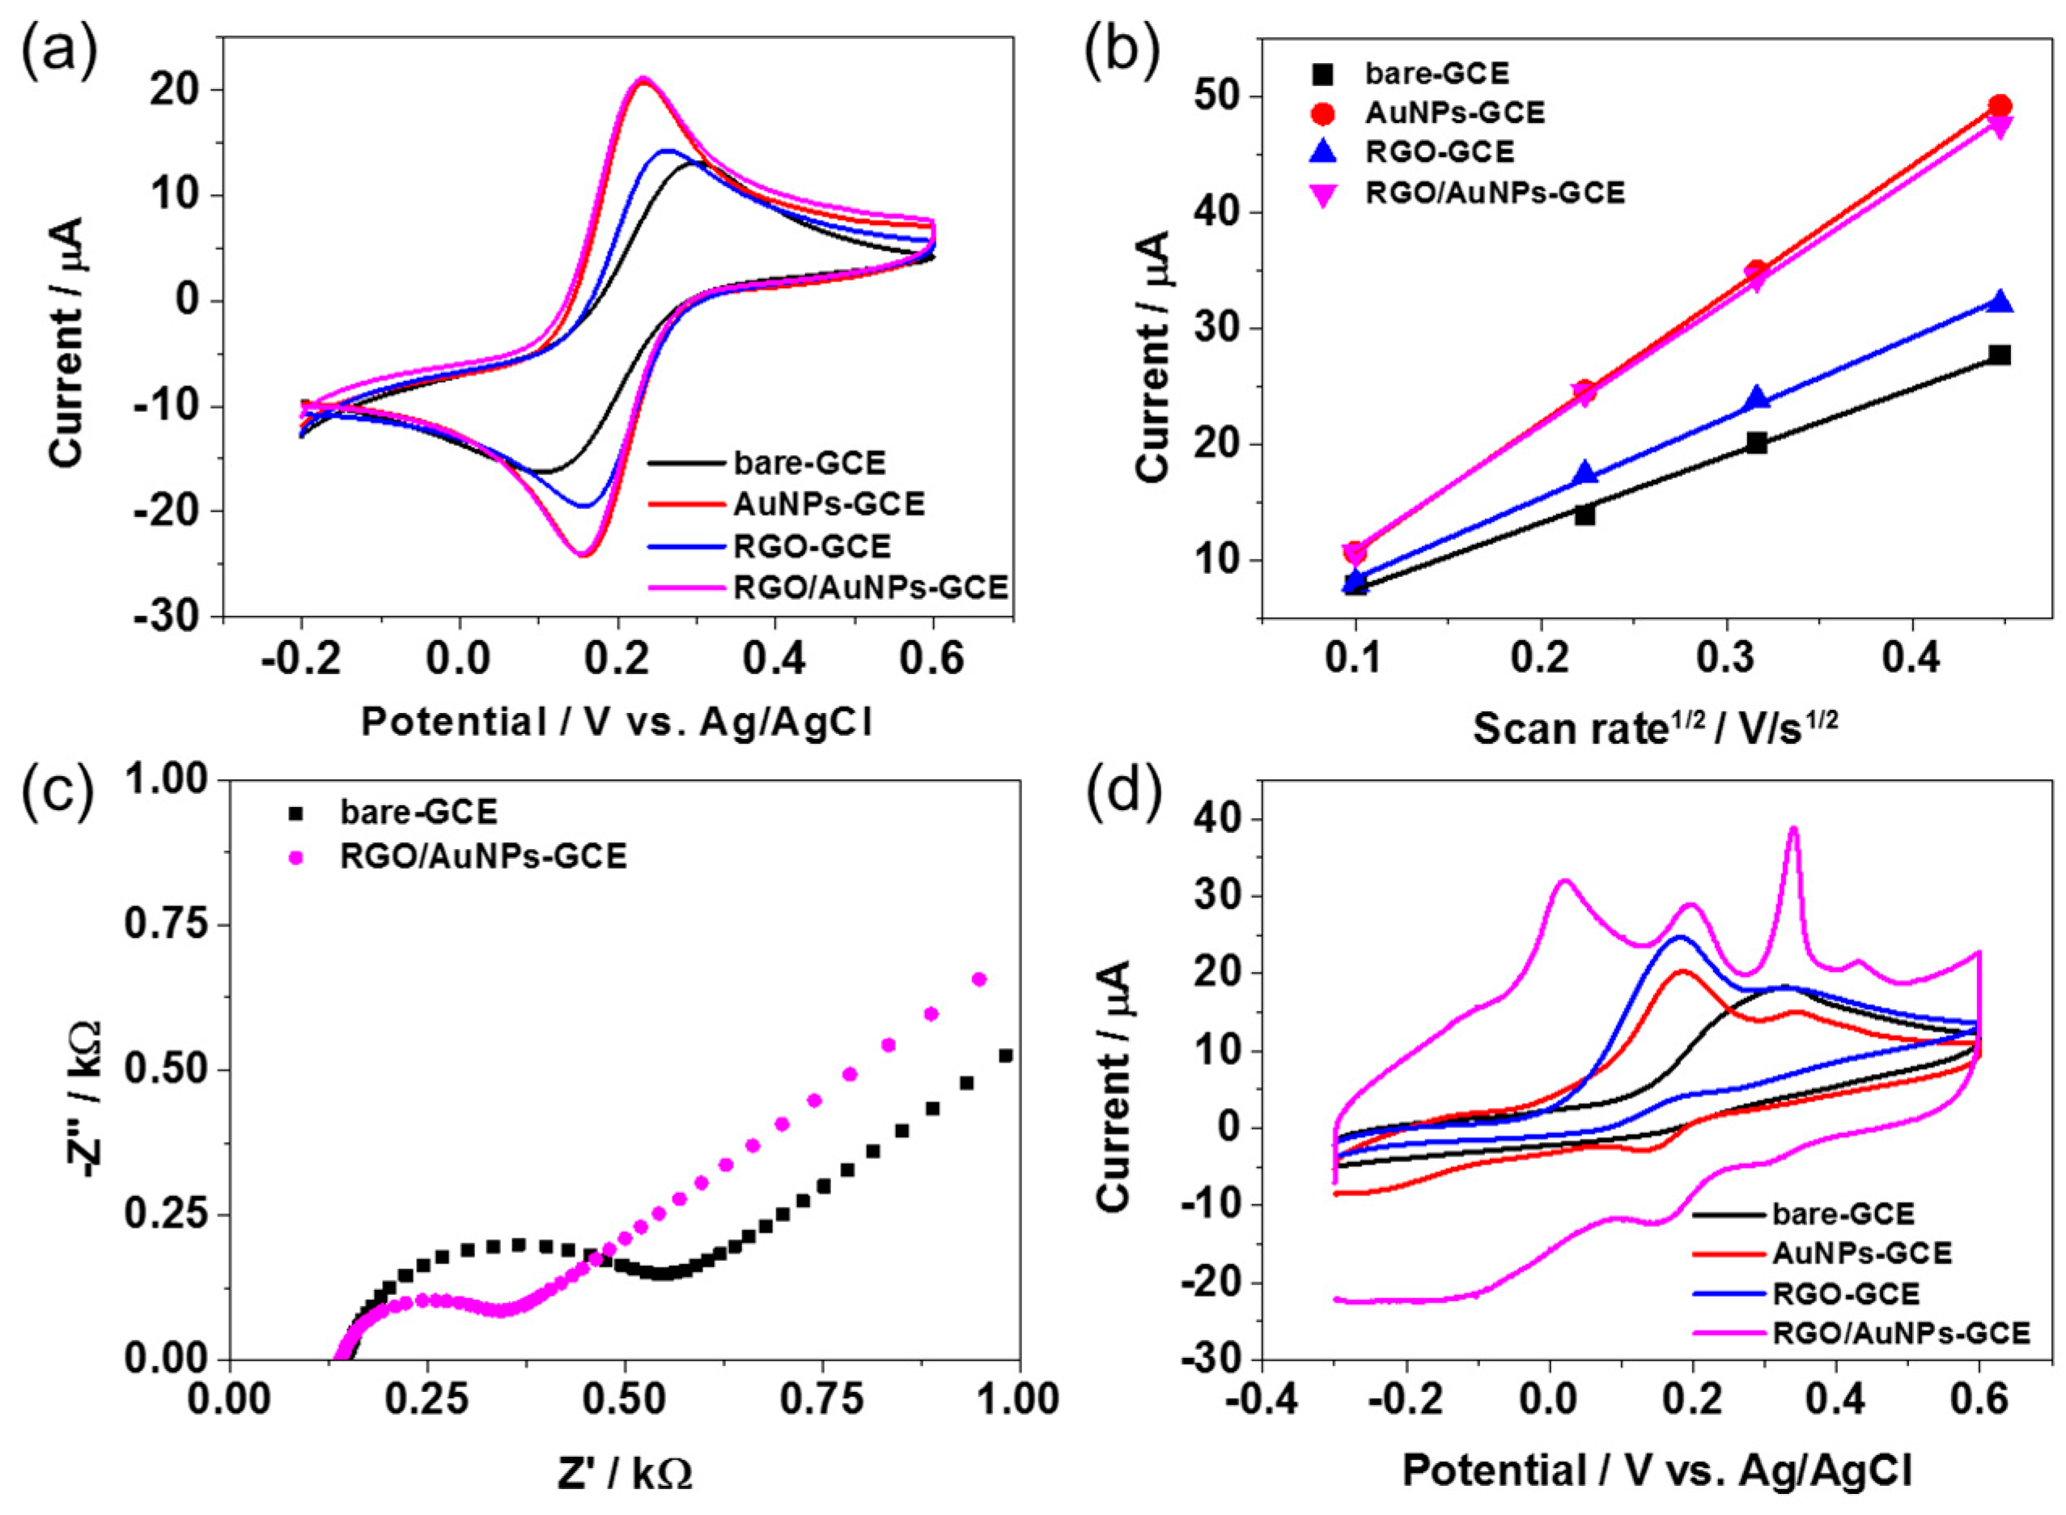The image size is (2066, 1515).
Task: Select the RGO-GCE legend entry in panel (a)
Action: click(x=811, y=546)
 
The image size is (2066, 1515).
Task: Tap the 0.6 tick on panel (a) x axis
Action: click(x=932, y=660)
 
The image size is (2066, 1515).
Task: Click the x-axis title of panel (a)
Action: click(x=616, y=723)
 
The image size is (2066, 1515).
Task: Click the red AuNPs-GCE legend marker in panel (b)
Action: click(x=1323, y=112)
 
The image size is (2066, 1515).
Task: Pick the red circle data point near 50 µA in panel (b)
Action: click(x=2000, y=106)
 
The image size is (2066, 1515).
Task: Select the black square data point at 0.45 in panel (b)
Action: click(x=2000, y=355)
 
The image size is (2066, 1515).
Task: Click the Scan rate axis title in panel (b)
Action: click(x=1655, y=728)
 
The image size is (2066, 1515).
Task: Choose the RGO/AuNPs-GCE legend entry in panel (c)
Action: click(x=482, y=855)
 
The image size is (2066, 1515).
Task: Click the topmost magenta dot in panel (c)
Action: click(x=978, y=979)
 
